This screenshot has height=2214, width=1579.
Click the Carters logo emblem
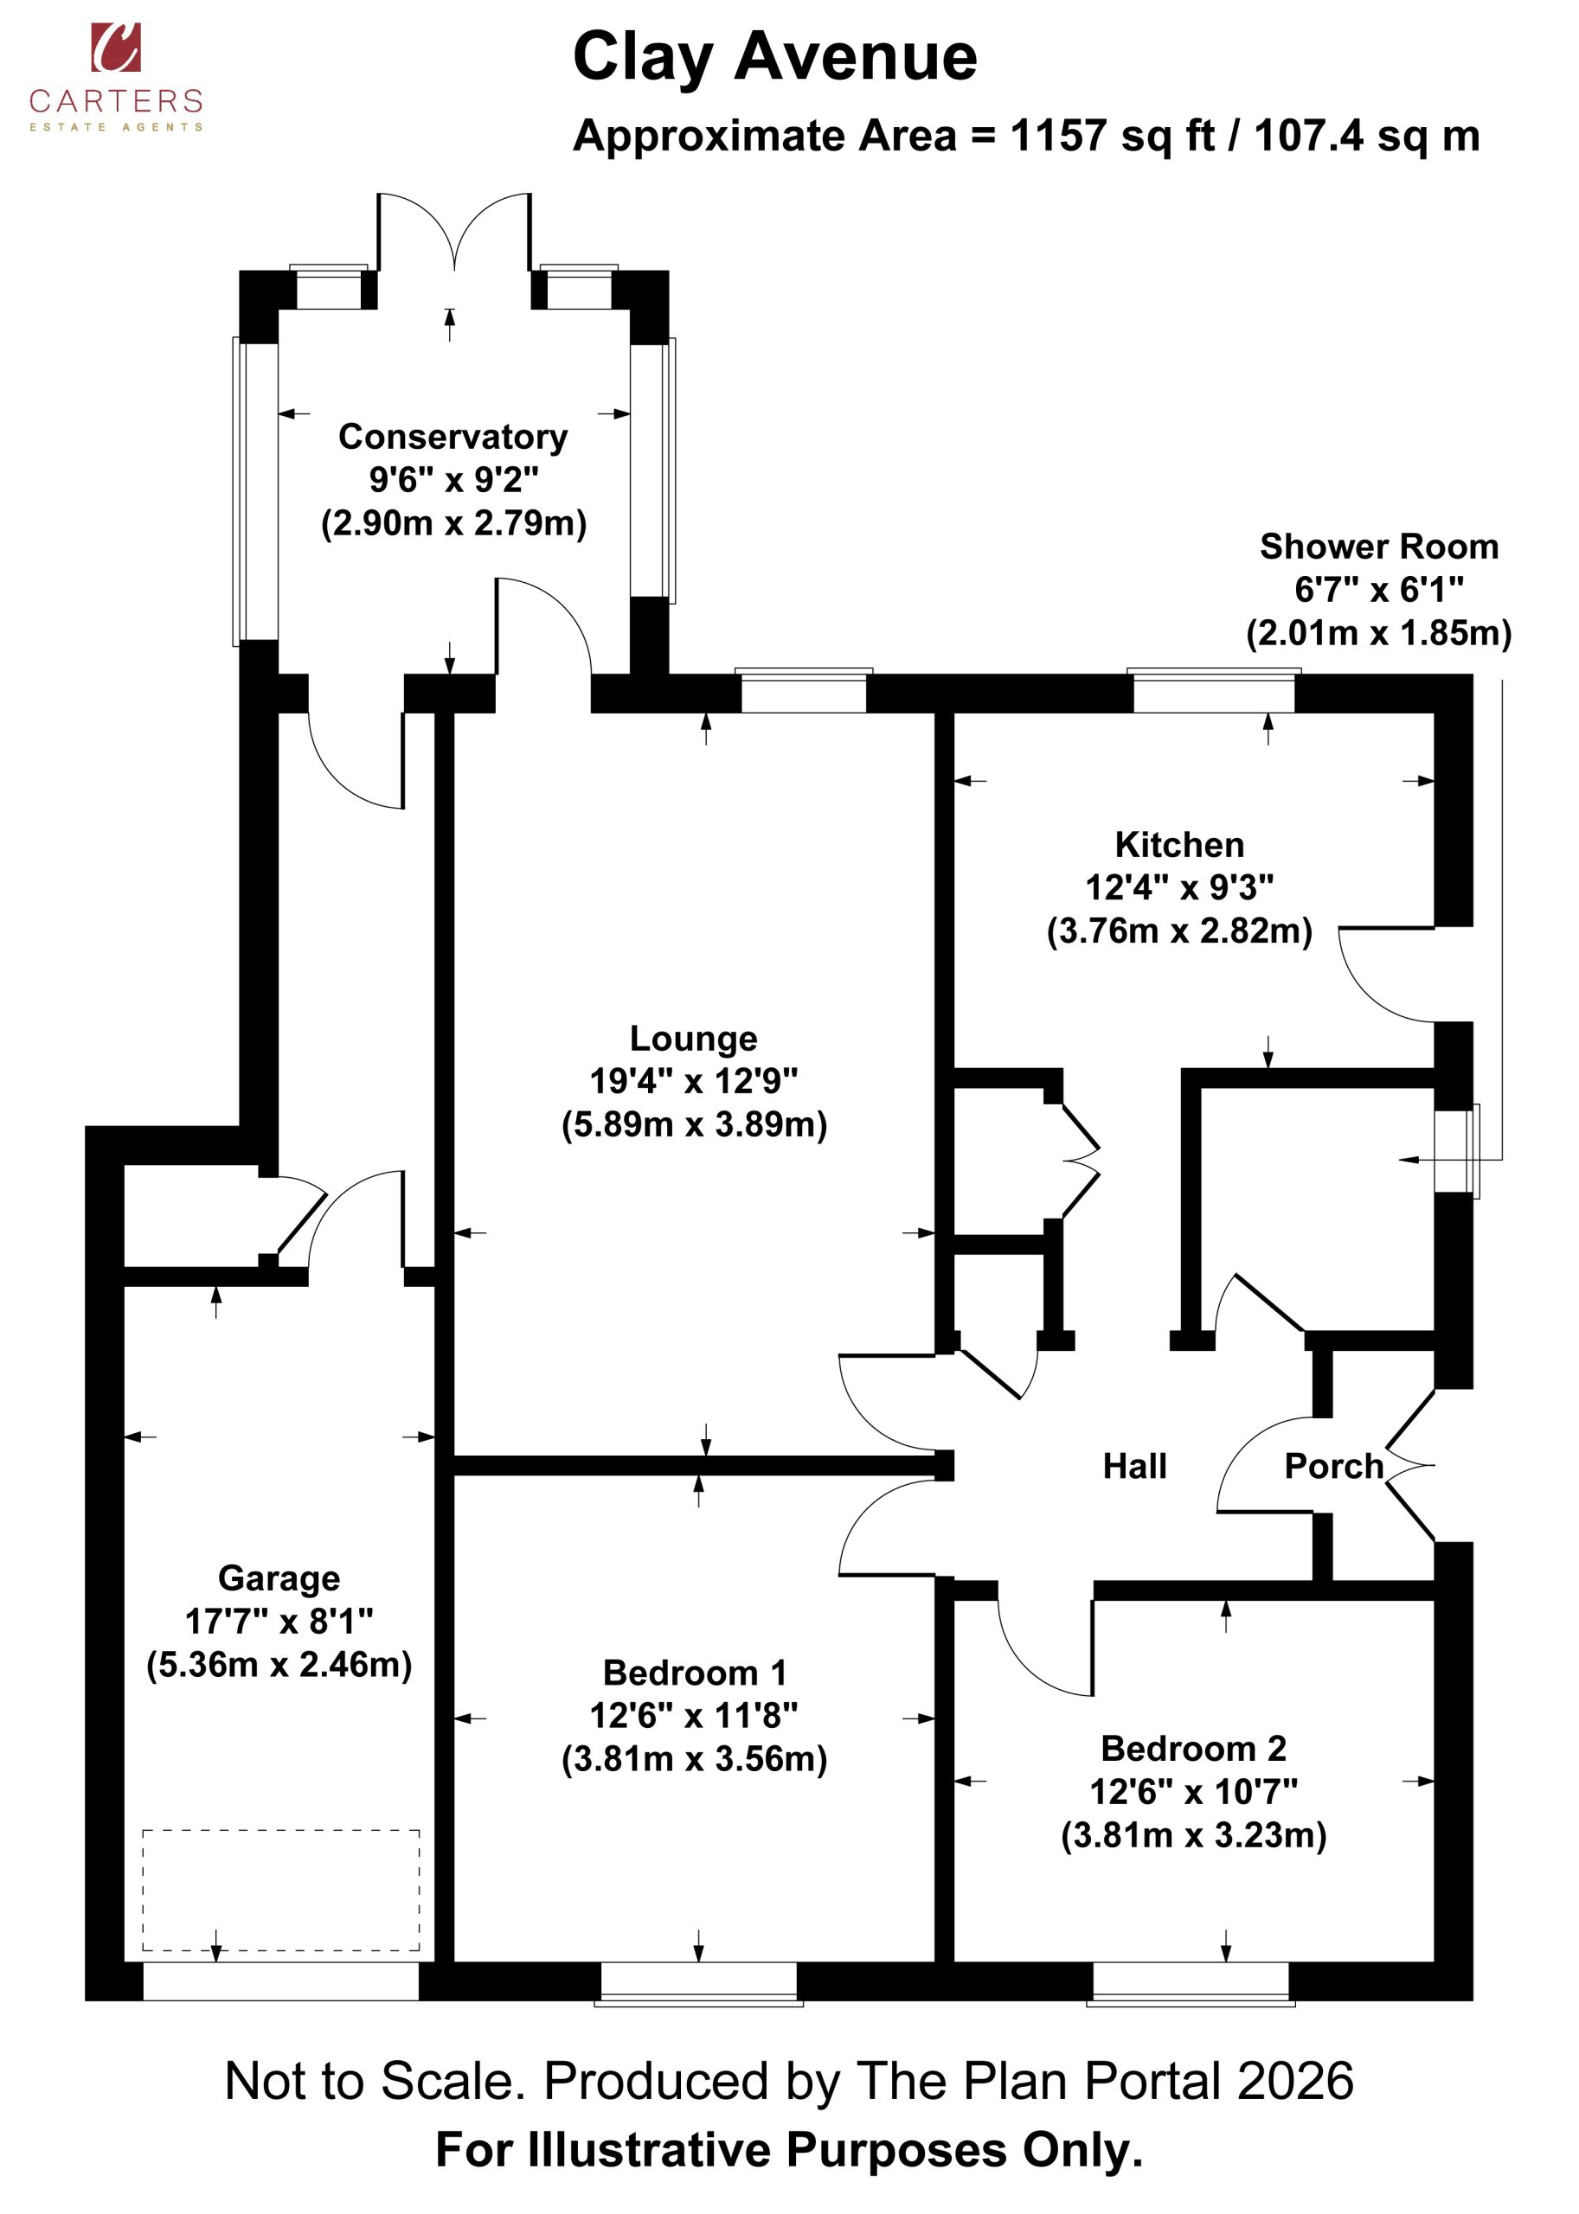pyautogui.click(x=116, y=48)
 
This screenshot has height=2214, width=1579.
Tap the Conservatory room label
pyautogui.click(x=453, y=437)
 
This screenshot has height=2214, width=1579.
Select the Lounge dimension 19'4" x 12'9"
pyautogui.click(x=693, y=1080)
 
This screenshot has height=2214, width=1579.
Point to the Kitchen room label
pyautogui.click(x=1179, y=845)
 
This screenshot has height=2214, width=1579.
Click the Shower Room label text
pyautogui.click(x=1379, y=547)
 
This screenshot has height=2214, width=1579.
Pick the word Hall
pyautogui.click(x=1134, y=1466)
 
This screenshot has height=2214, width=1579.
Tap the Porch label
pyautogui.click(x=1334, y=1466)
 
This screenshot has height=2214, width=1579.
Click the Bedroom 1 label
pyautogui.click(x=694, y=1673)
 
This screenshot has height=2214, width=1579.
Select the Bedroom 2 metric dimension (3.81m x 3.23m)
pyautogui.click(x=1194, y=1835)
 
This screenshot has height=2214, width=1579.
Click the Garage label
pyautogui.click(x=279, y=1577)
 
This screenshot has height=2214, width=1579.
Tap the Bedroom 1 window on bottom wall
pyautogui.click(x=698, y=1984)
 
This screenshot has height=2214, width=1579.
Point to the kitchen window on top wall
pyautogui.click(x=1215, y=691)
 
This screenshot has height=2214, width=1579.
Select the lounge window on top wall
pyautogui.click(x=803, y=691)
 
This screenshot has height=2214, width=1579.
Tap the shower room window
pyautogui.click(x=1456, y=1152)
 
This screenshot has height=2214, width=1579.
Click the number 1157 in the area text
pyautogui.click(x=1058, y=136)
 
